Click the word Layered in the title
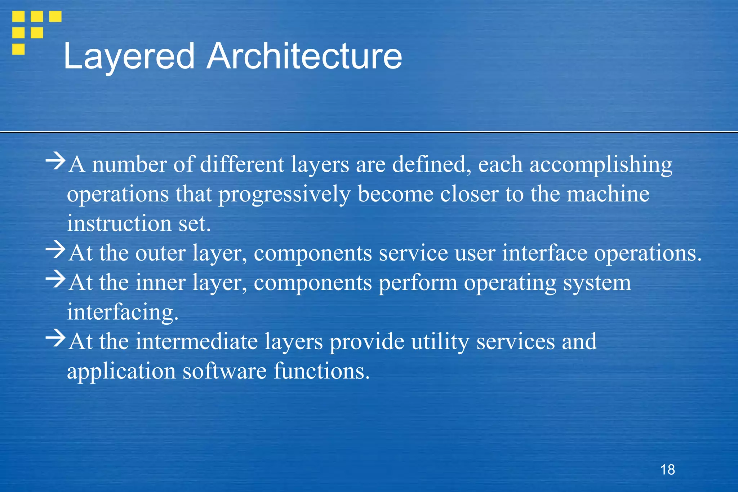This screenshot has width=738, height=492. click(x=129, y=57)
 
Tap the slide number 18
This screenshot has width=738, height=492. click(x=667, y=470)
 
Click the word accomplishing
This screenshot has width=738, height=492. click(x=601, y=165)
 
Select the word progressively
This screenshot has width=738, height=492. click(x=284, y=195)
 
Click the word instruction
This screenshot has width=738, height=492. click(x=119, y=223)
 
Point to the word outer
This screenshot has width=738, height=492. click(x=160, y=253)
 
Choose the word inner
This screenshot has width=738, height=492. click(x=160, y=283)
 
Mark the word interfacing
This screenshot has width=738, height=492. click(x=123, y=312)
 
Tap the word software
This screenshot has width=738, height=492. click(x=224, y=371)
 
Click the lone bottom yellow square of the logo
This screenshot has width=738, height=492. click(x=18, y=49)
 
